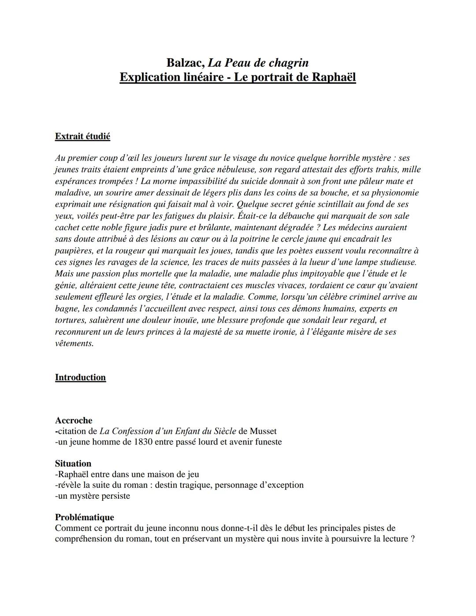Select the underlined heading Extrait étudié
point(82,136)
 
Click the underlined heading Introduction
point(80,377)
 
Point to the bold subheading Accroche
point(74,420)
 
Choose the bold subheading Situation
point(73,463)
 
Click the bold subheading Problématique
point(84,517)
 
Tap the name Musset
point(263,431)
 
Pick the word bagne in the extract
point(67,308)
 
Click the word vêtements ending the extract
point(74,343)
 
